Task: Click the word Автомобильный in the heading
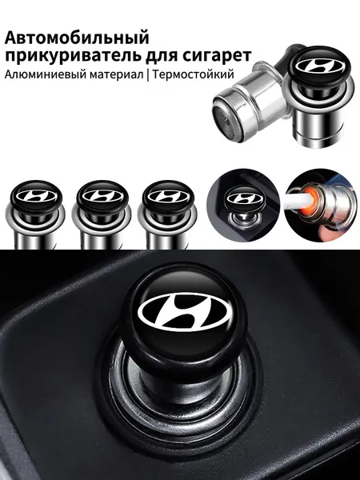click(77, 38)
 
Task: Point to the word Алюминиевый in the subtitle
click(46, 74)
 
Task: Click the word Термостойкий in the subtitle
click(193, 74)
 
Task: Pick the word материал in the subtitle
click(117, 75)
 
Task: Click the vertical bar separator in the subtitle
click(148, 75)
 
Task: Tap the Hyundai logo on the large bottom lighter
click(184, 313)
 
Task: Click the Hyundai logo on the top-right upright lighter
click(319, 66)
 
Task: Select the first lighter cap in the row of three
click(37, 196)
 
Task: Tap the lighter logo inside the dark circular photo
click(244, 198)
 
